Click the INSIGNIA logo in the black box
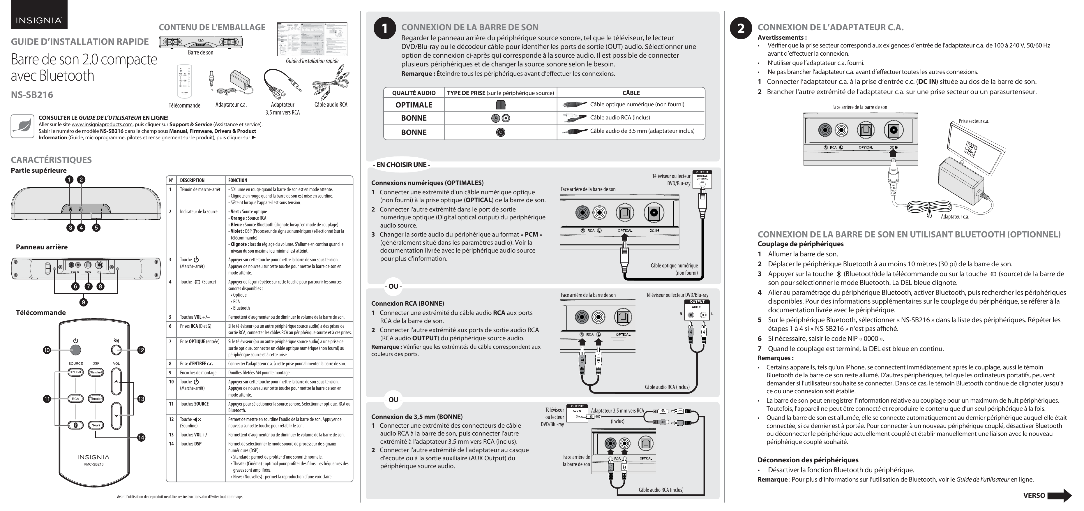[x=39, y=20]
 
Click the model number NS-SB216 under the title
[x=32, y=95]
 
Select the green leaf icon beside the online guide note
[x=22, y=126]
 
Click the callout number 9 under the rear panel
[x=84, y=302]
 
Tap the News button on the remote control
[x=96, y=425]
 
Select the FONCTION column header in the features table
[x=238, y=180]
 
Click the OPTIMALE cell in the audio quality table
[x=414, y=105]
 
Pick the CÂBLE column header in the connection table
[x=631, y=93]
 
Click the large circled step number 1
[x=384, y=29]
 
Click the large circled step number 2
[x=741, y=29]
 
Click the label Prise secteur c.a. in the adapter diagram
[x=974, y=121]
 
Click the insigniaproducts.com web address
[x=102, y=125]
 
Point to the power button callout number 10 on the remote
[x=47, y=350]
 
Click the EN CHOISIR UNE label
[x=401, y=165]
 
